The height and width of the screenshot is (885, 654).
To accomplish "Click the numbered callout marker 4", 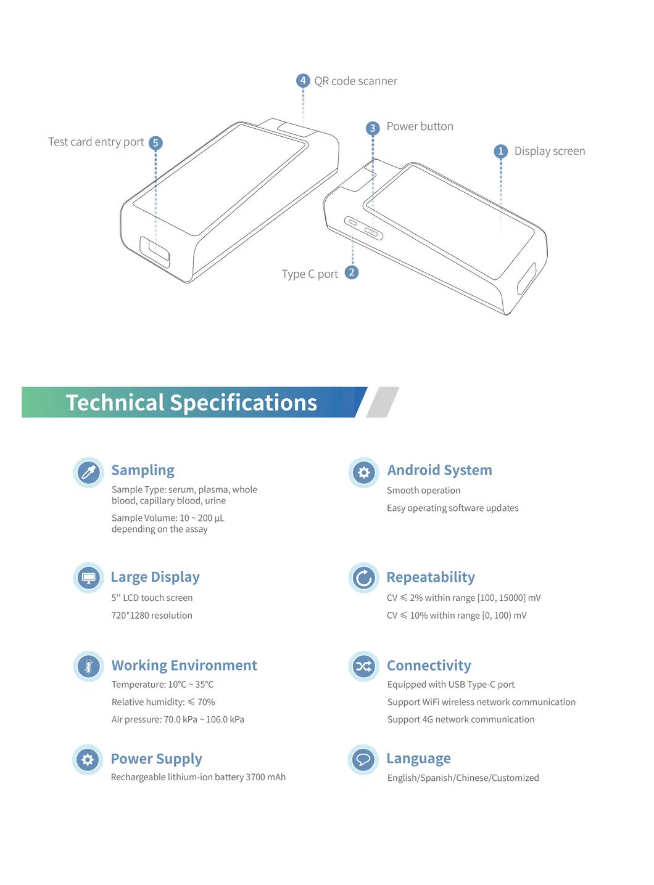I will pos(303,81).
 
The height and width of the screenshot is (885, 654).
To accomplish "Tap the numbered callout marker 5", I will pos(155,143).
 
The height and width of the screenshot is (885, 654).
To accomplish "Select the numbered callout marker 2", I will pos(352,272).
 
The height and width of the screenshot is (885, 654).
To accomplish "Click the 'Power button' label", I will pos(420,126).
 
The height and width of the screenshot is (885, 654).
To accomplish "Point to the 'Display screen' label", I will pos(549,151).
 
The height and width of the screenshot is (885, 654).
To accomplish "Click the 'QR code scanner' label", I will pos(355,81).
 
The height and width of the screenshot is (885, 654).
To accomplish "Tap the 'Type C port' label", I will pos(310,274).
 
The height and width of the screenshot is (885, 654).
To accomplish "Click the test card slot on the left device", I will pos(155,252).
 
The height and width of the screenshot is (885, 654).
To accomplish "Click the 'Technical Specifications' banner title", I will pos(191,402).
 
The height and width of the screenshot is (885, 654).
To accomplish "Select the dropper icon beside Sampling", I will pos(89,473).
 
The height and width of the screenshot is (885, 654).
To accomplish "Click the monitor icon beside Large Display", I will pos(89,578).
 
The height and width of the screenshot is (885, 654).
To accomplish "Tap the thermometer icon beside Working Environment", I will pos(89,666).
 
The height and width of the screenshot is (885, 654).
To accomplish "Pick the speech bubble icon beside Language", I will pos(363,759).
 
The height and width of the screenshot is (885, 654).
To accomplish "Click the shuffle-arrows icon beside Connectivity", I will pos(363,666).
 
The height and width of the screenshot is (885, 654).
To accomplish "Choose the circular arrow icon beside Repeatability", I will pos(363,578).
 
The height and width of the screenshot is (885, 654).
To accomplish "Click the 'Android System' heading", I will pos(439,470).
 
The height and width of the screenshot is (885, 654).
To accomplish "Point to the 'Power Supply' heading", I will pos(156,759).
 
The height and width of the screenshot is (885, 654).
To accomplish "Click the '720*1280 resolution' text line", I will pos(152,615).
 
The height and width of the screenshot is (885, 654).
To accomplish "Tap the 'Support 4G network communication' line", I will pos(460,719).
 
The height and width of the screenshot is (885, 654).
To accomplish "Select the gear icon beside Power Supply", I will pos(88,759).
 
